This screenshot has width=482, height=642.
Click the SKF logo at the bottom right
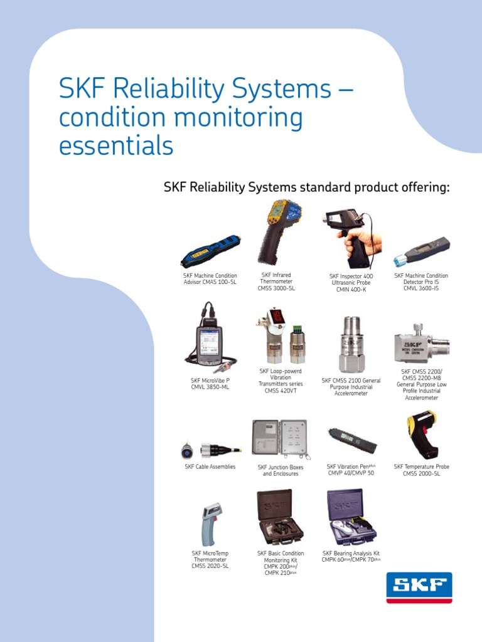419,587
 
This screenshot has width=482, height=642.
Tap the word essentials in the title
116,145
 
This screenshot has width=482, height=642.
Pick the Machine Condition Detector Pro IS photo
421,251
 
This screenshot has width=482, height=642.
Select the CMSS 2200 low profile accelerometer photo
421,344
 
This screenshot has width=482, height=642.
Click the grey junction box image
279,438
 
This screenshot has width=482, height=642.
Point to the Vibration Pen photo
351,440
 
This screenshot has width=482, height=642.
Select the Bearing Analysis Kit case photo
351,517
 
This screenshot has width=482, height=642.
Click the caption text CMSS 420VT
281,391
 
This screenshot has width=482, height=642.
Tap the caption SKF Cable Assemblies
210,467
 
